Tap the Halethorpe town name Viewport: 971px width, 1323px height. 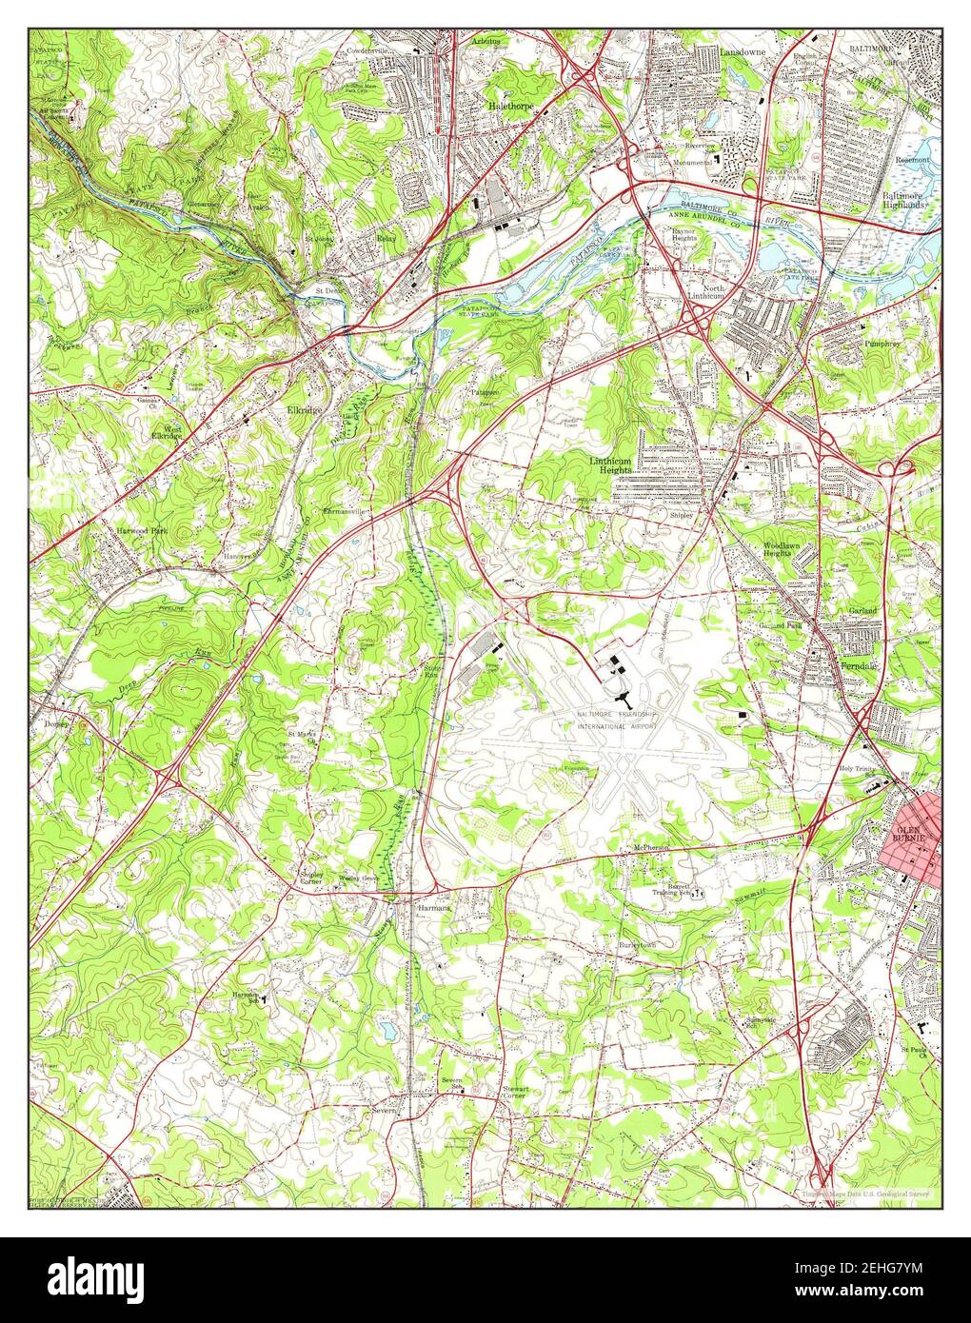click(x=511, y=106)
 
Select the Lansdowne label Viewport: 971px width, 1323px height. click(x=743, y=49)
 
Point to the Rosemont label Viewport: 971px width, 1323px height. click(x=912, y=160)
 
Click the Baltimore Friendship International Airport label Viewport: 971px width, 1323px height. click(x=615, y=719)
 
